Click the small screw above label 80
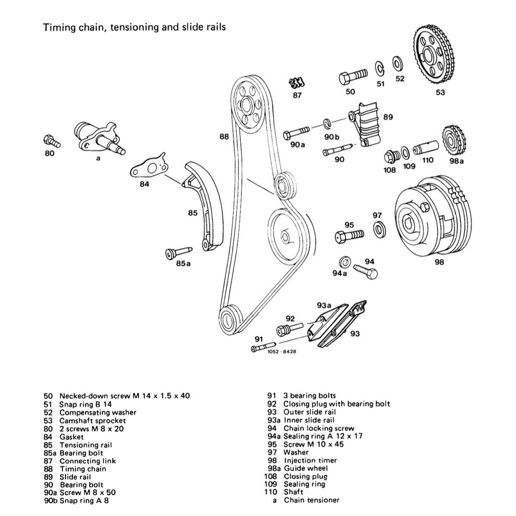tap(52, 141)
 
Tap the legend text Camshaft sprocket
tap(93, 420)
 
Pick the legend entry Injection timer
tap(310, 460)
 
